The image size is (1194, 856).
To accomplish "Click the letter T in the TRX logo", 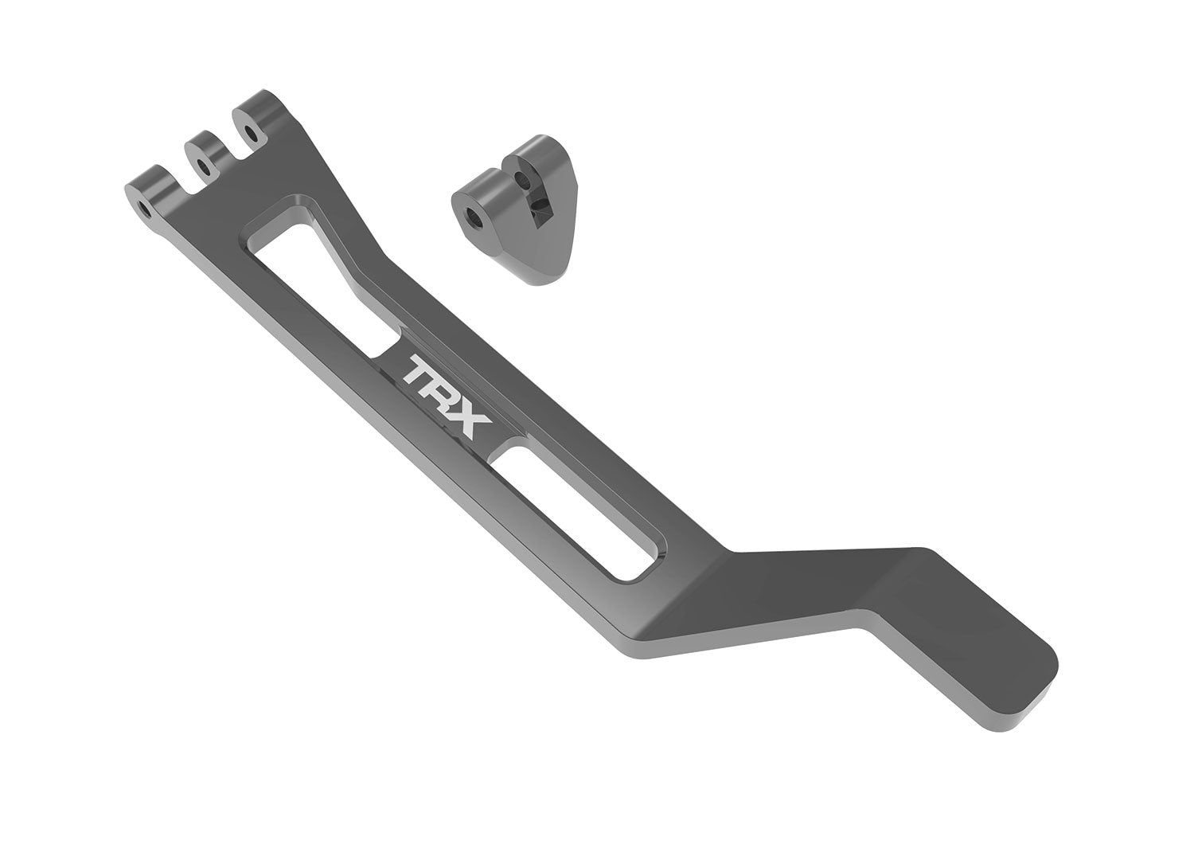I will pos(419,372).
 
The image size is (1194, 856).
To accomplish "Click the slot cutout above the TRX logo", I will pos(318,279).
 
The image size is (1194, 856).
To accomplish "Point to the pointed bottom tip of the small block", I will pos(544,279).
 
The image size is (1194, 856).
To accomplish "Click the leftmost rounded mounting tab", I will pos(147,195).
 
